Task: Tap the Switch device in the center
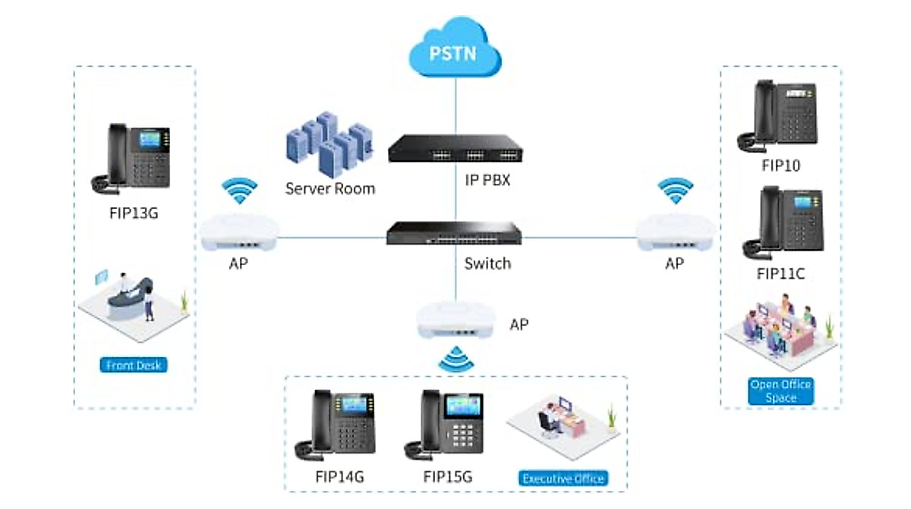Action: point(455,232)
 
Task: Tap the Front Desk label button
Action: point(134,365)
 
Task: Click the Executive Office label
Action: point(563,479)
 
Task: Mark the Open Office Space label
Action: point(780,390)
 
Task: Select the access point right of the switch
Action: point(674,234)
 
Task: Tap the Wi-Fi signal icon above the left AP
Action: point(240,192)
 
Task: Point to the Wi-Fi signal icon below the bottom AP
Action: point(455,359)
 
